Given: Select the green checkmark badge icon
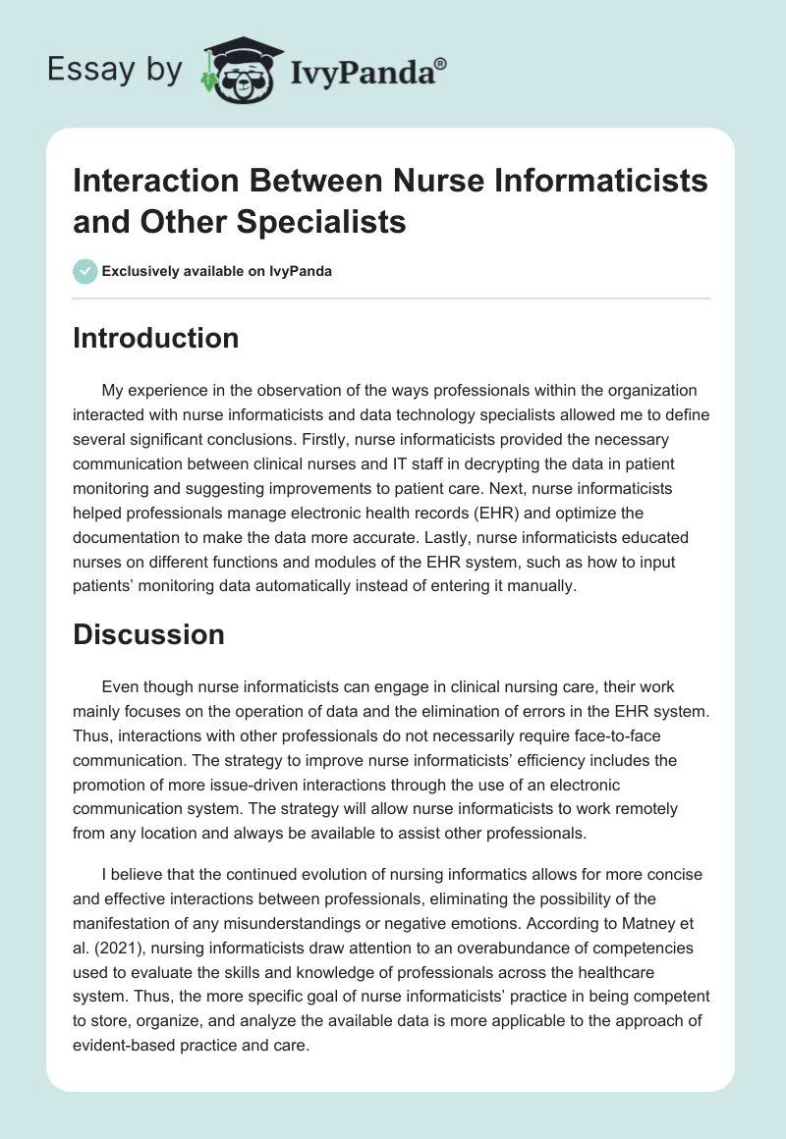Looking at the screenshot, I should point(85,271).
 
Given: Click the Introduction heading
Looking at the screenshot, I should point(156,338).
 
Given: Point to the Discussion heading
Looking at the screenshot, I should point(149,634).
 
